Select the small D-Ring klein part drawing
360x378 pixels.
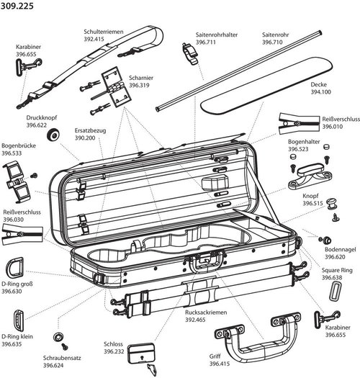[17, 315]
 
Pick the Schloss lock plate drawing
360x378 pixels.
[143, 354]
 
